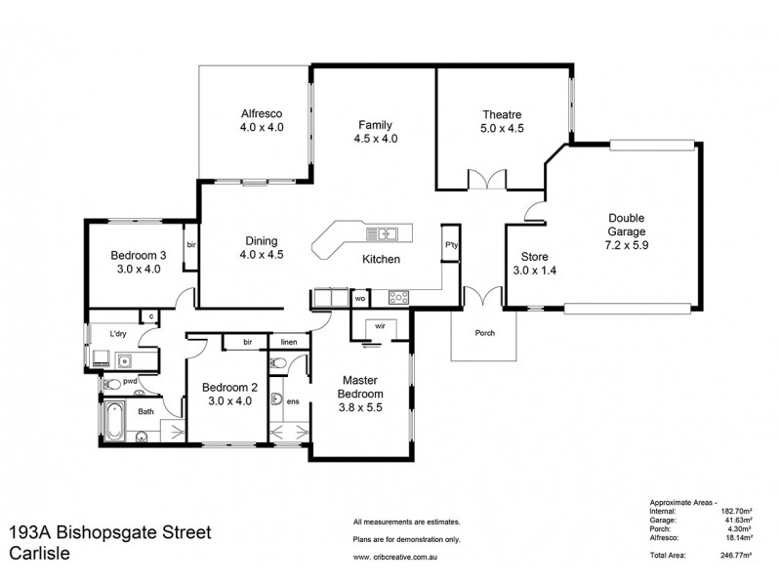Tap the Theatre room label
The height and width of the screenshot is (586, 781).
[502, 111]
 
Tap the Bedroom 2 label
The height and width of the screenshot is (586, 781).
[227, 387]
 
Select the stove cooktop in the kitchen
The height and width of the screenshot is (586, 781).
[399, 297]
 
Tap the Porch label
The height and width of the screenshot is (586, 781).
[484, 333]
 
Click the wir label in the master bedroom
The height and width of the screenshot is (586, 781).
[377, 327]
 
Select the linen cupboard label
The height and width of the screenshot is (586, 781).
[289, 342]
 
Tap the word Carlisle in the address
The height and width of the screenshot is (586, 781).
[41, 553]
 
